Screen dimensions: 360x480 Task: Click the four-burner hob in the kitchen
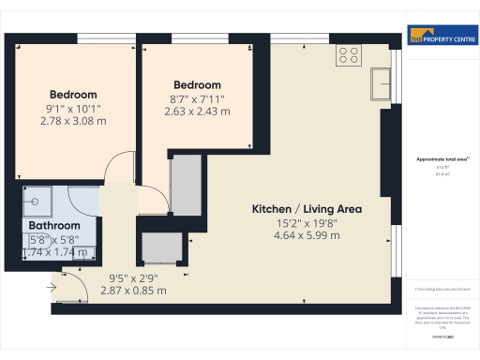point(348,57)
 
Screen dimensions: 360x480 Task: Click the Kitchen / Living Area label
point(307,208)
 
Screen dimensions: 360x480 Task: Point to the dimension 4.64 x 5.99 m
point(307,237)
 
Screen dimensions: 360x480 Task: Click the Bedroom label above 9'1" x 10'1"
point(73,95)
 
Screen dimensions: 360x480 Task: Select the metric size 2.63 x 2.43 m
point(197,112)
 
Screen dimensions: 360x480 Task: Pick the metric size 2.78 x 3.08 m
point(73,122)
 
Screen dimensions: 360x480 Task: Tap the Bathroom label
point(54,226)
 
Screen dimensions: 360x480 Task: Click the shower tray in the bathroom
point(41,199)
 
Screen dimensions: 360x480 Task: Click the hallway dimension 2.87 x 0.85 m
point(133,291)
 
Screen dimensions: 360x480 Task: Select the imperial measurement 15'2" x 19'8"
point(307,223)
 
